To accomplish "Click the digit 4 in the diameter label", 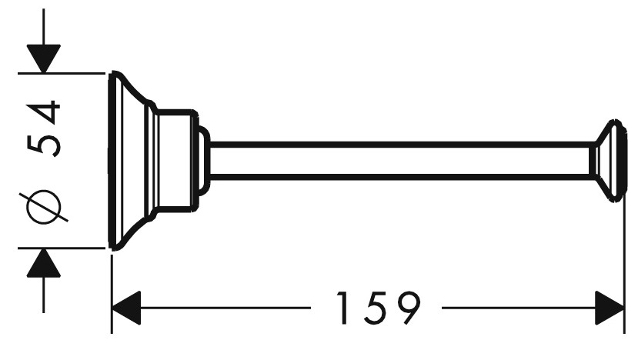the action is coord(44,112).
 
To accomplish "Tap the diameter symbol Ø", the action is coord(44,206).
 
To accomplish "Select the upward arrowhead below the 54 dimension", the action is coord(44,263).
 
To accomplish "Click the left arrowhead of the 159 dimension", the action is coord(126,308).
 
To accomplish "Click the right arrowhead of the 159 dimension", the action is coord(610,308).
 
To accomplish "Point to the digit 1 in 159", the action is coord(343,308).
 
